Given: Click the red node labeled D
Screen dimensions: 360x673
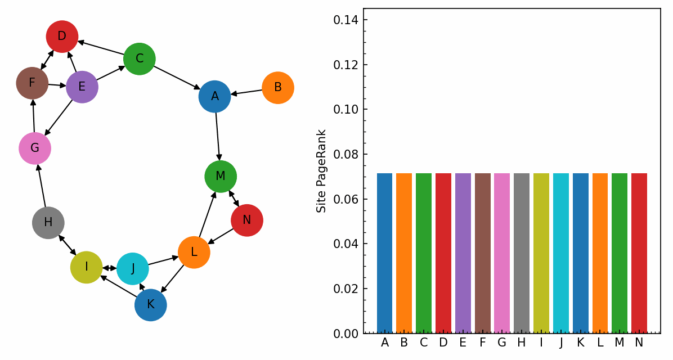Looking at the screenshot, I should (62, 37).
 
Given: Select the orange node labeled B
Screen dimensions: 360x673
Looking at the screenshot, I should (278, 88).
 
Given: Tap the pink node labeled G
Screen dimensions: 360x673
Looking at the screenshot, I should (35, 148).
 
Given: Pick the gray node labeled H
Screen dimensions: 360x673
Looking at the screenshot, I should (48, 223).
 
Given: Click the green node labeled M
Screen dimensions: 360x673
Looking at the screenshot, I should (221, 177).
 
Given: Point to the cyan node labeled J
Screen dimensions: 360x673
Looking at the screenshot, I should (133, 269).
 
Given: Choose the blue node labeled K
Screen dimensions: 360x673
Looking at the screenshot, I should (151, 305).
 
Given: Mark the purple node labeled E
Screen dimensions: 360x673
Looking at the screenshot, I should (82, 87).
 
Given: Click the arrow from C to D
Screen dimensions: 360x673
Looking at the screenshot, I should (101, 48).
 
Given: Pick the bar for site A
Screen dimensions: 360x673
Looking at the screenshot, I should (384, 253).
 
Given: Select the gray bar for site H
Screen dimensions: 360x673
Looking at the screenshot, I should (522, 253).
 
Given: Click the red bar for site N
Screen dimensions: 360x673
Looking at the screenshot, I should (639, 253).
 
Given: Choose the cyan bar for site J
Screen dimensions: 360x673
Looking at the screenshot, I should (561, 253).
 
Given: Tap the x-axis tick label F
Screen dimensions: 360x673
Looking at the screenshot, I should (482, 343).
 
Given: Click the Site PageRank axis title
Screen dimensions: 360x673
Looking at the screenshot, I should (321, 171).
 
